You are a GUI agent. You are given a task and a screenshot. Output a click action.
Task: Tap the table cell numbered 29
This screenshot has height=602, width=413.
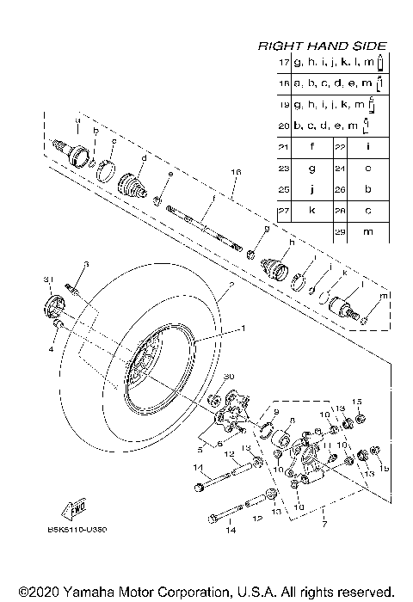342,233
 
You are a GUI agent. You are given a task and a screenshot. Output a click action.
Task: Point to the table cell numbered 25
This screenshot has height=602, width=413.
283,191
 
